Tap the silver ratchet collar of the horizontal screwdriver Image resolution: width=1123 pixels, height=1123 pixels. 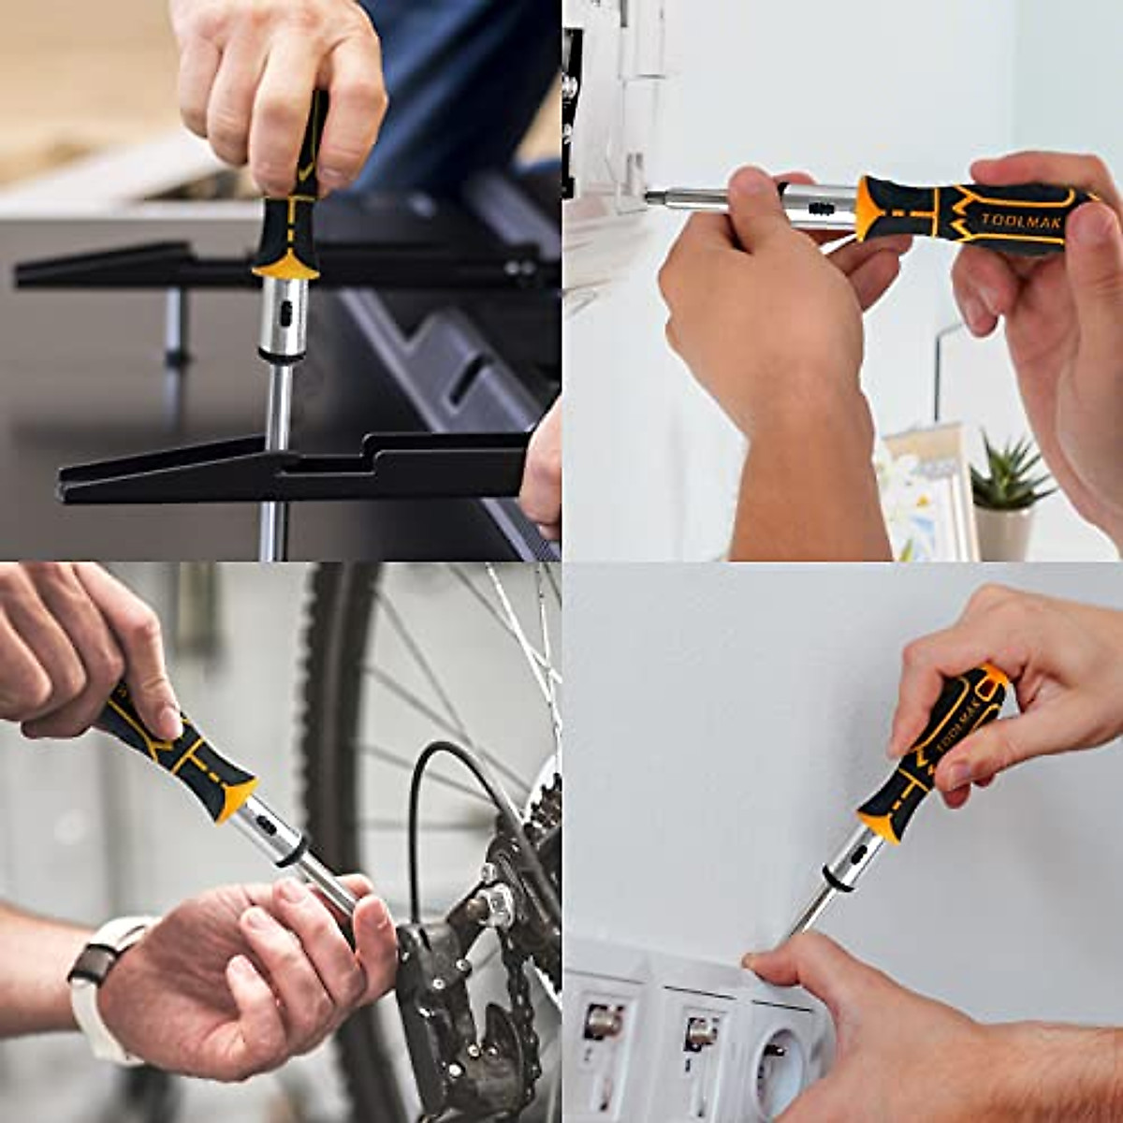point(819,199)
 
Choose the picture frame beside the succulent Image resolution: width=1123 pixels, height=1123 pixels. point(922,487)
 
